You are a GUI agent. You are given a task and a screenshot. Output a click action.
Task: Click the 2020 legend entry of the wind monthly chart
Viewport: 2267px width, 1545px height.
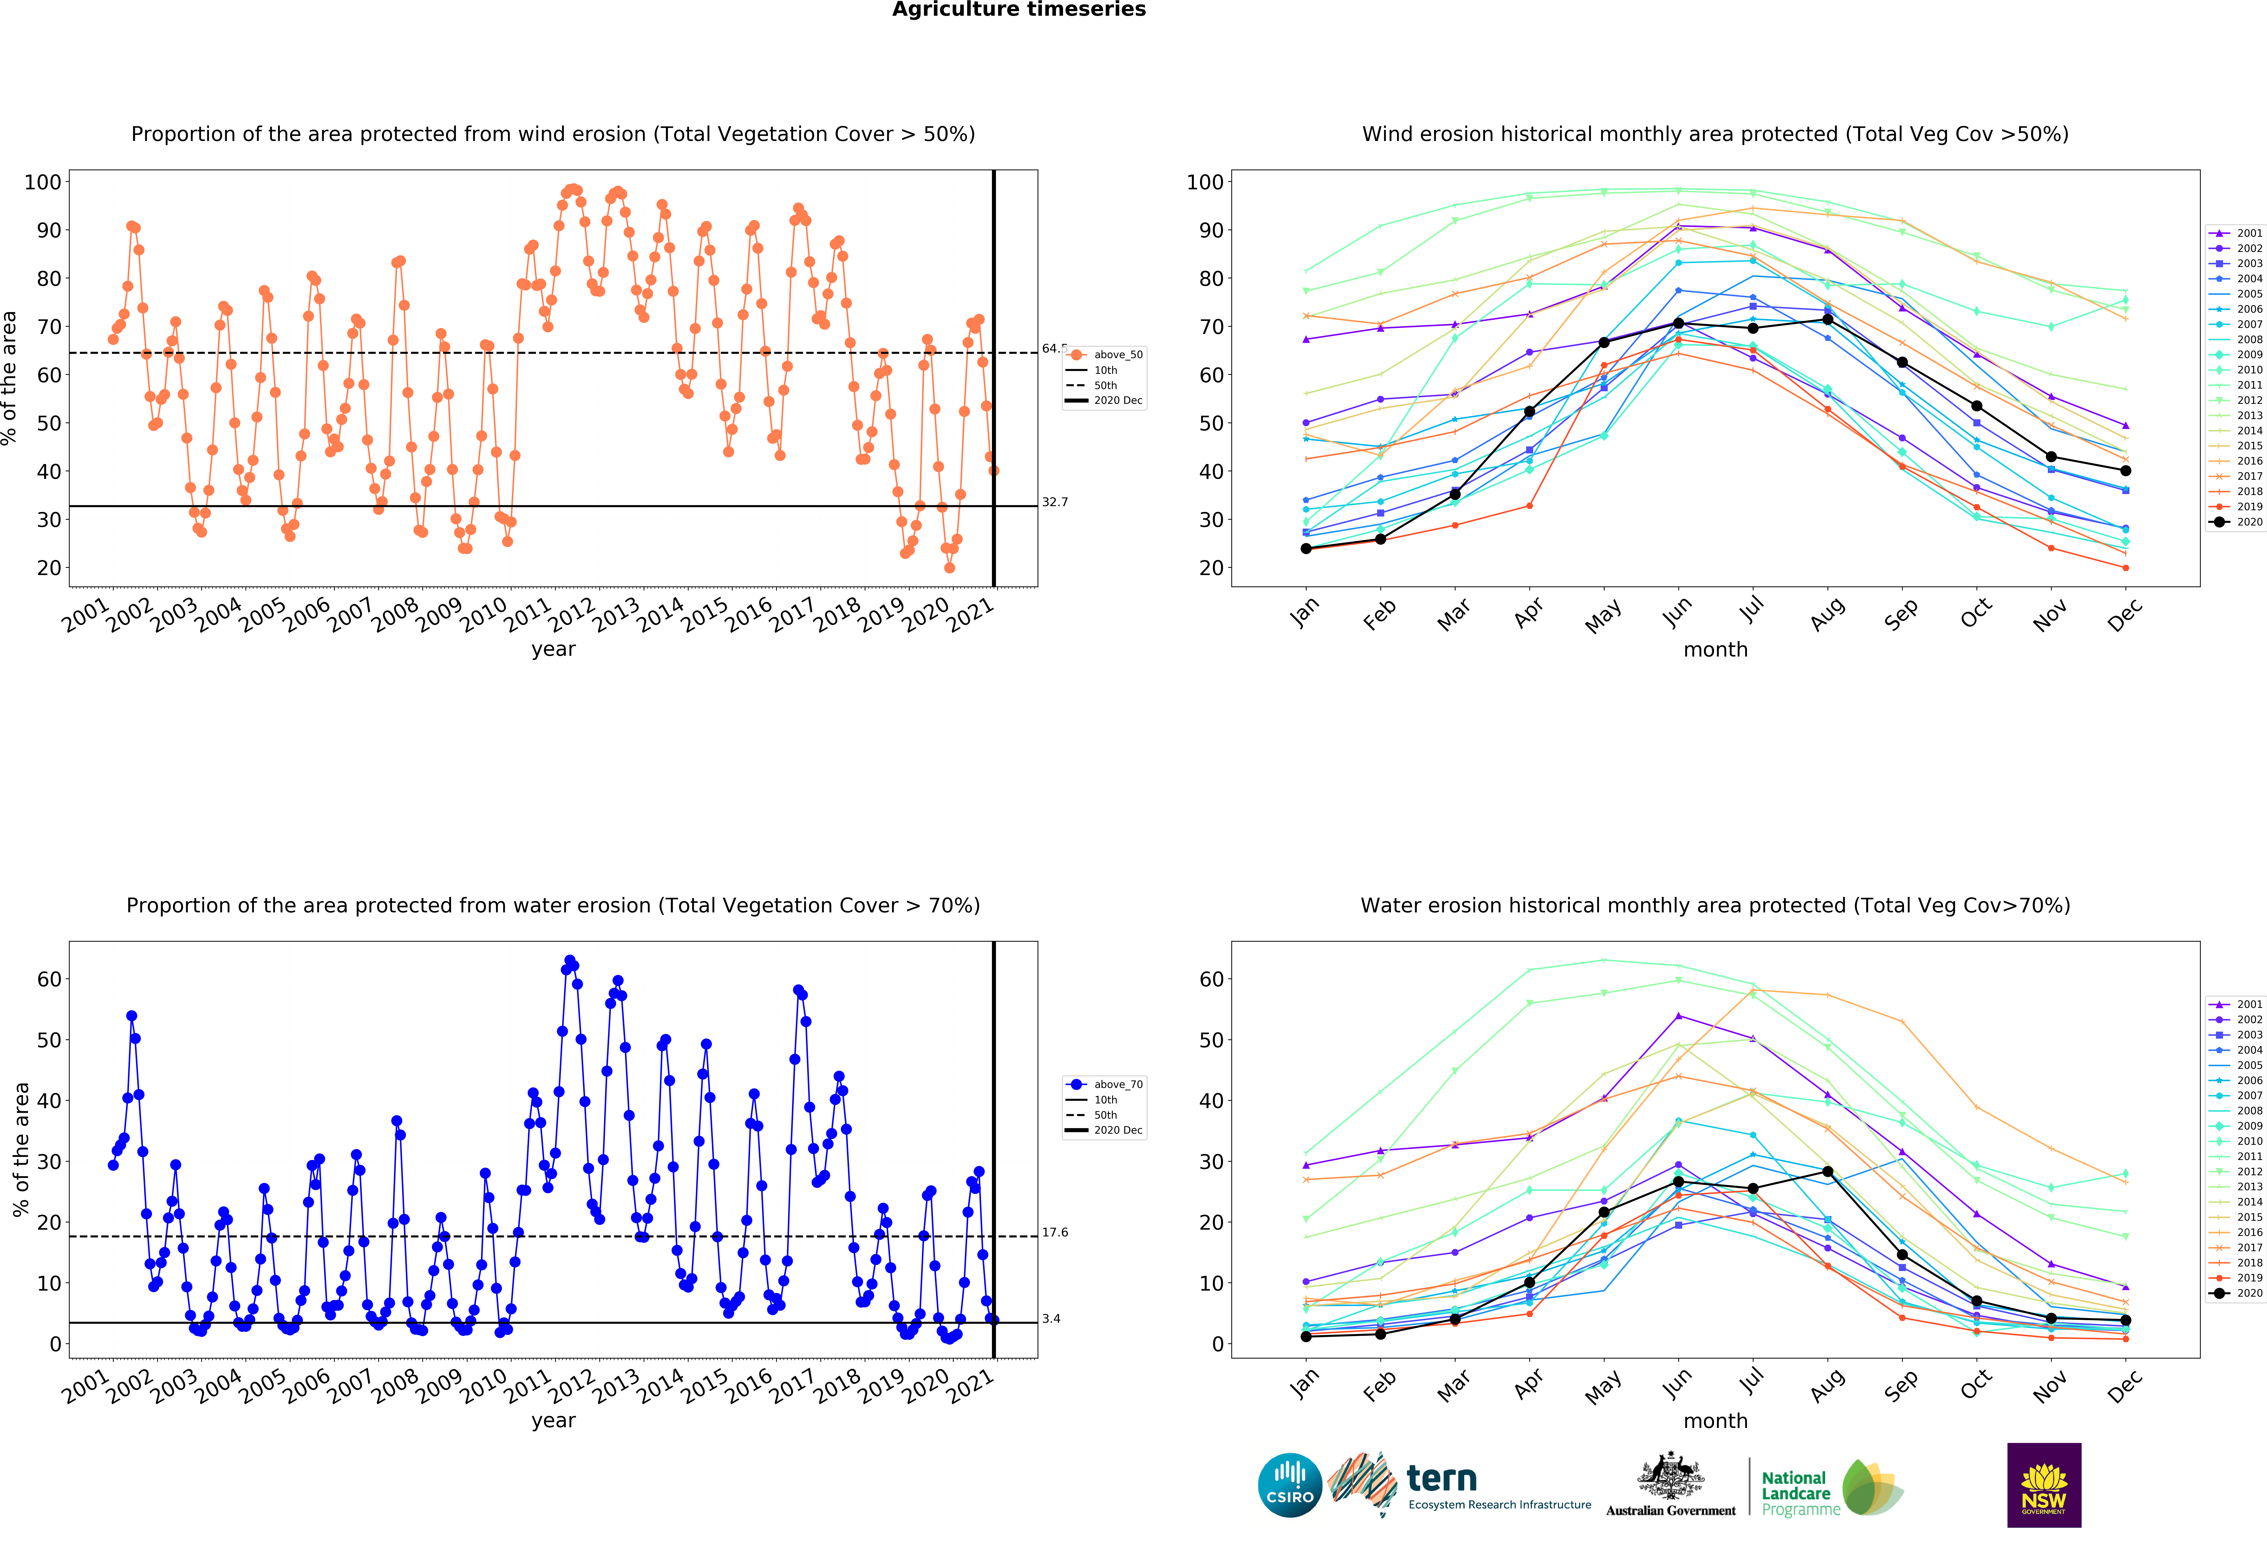pos(2236,522)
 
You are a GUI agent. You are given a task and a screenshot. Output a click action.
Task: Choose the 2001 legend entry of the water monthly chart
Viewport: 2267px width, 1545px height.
pos(2236,1005)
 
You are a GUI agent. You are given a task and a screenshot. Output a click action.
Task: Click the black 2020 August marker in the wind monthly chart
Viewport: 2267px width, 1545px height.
pos(1827,320)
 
